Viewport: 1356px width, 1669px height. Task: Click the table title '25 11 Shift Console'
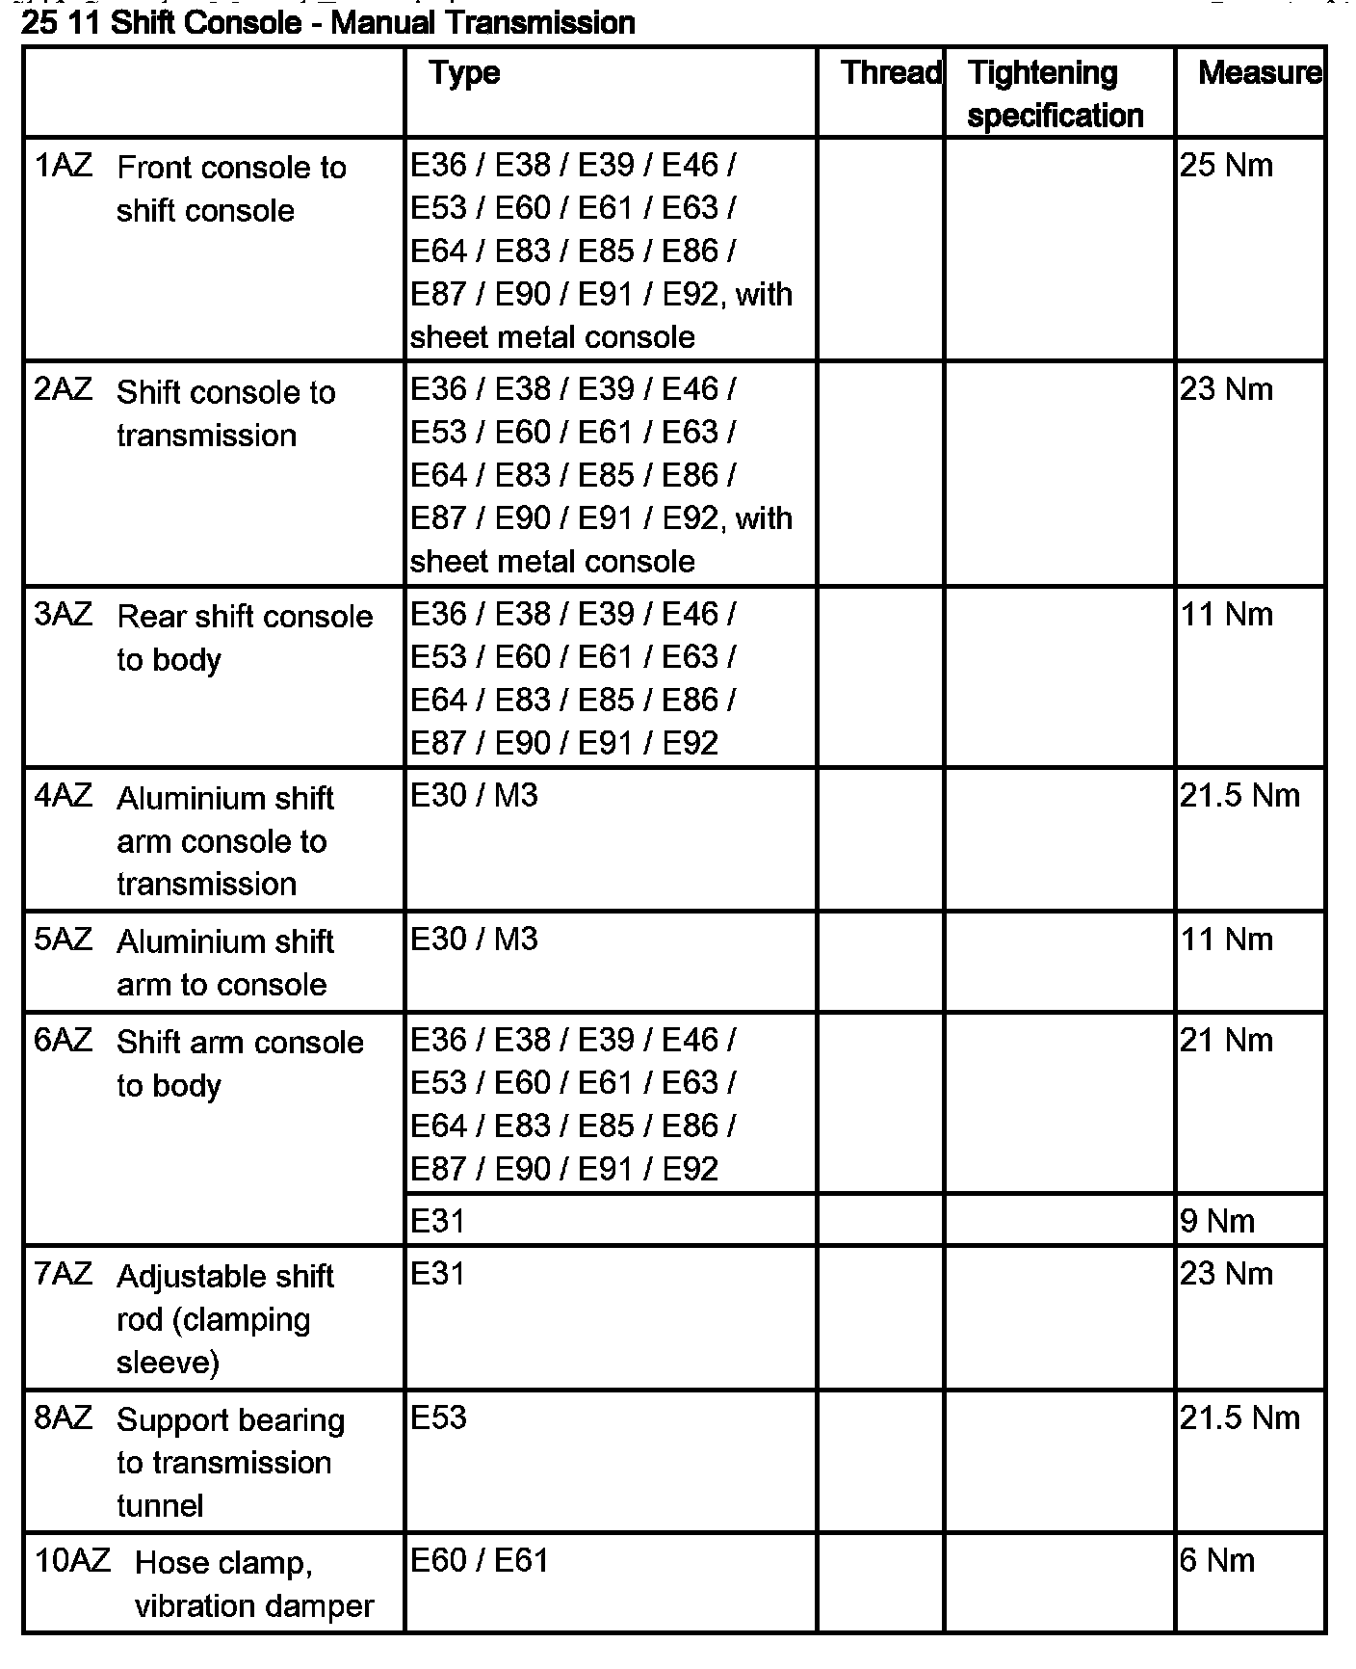[x=327, y=22]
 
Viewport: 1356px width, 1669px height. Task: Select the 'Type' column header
[x=464, y=73]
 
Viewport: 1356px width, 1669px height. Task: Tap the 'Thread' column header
[x=891, y=73]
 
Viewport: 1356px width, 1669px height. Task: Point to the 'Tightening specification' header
[x=1055, y=93]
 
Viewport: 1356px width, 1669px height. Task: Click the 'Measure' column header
[x=1259, y=73]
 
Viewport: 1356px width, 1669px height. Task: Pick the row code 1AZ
[x=64, y=166]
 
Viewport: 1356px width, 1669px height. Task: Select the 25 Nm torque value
[x=1226, y=166]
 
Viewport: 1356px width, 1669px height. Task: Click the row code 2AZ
[x=64, y=390]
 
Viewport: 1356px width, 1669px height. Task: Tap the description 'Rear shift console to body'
[x=244, y=637]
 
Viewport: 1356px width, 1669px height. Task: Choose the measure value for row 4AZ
[x=1239, y=796]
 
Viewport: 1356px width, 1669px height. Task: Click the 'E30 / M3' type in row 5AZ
[x=474, y=940]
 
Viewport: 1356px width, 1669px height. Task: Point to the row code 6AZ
[x=64, y=1041]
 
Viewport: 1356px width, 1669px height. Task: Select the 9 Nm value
[x=1217, y=1222]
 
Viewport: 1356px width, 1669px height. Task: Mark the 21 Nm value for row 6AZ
[x=1226, y=1041]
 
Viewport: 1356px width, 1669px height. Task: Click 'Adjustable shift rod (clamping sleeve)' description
[x=224, y=1318]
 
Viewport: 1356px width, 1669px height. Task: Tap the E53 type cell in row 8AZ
[x=438, y=1417]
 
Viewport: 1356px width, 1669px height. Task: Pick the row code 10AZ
[x=72, y=1560]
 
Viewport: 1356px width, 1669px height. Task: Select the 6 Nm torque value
[x=1217, y=1560]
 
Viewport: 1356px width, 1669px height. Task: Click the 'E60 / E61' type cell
[x=479, y=1560]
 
